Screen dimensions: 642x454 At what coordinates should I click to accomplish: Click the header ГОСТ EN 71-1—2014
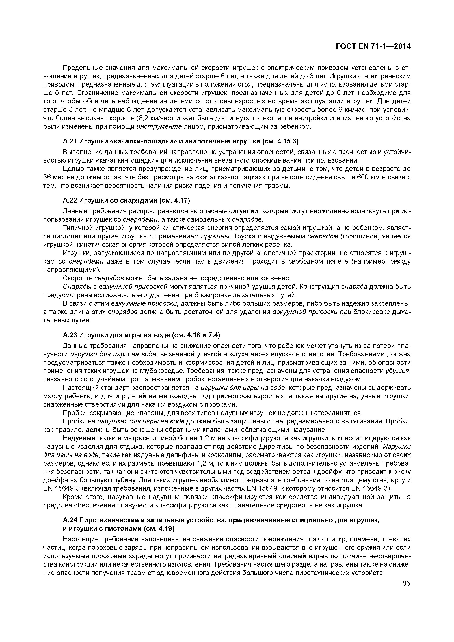point(373,46)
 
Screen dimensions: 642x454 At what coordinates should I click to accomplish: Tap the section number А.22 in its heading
point(70,200)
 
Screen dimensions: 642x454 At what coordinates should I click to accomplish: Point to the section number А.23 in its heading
point(70,335)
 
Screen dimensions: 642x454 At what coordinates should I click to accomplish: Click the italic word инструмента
point(159,126)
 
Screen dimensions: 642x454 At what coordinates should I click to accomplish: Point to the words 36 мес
point(52,177)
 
